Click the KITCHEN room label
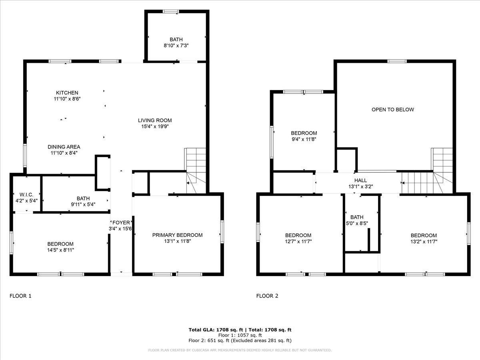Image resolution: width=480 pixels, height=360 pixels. [x=67, y=93]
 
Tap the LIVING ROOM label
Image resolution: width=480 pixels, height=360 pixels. [x=155, y=120]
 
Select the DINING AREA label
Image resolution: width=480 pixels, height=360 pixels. [x=64, y=147]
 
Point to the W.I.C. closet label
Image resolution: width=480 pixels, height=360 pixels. [x=26, y=194]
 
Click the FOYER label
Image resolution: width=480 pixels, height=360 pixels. [x=121, y=222]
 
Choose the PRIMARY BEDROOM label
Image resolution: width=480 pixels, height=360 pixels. [x=177, y=235]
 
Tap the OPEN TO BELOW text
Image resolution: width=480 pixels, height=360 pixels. [x=393, y=110]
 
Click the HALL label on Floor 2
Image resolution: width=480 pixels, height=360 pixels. [x=361, y=180]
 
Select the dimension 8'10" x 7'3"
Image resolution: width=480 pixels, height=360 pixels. [x=176, y=46]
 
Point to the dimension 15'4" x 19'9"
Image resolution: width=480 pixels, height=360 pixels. [x=155, y=126]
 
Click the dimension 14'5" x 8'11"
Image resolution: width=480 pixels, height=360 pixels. [x=60, y=250]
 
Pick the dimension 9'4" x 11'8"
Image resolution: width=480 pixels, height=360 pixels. [x=304, y=139]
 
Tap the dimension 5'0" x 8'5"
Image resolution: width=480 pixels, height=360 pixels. [x=357, y=223]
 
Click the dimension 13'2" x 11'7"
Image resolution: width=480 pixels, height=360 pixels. [x=424, y=242]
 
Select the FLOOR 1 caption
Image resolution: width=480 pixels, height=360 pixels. [x=20, y=296]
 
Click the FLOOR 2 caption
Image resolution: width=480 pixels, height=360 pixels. [x=267, y=296]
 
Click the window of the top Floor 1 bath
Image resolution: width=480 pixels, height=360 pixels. [x=171, y=12]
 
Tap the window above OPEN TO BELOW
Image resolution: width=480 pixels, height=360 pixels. [x=397, y=61]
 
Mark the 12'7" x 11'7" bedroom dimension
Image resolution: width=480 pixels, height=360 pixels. [x=298, y=242]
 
